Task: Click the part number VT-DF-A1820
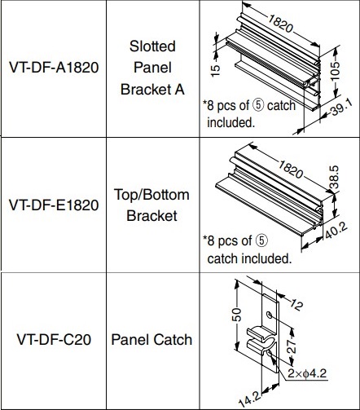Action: click(x=54, y=68)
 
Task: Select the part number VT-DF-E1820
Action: click(x=54, y=205)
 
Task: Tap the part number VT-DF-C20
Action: click(x=54, y=340)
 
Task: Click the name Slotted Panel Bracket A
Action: click(x=152, y=68)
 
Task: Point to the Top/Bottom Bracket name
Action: click(x=151, y=205)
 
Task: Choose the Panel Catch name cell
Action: click(x=151, y=340)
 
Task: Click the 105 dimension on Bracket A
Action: click(x=336, y=71)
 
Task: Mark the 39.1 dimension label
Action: click(x=341, y=108)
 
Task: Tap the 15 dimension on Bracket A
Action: click(x=215, y=71)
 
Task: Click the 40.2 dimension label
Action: click(x=336, y=231)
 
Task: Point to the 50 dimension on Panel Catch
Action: click(x=237, y=315)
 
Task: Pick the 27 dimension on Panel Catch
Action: click(x=292, y=346)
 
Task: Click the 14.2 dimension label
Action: click(x=250, y=399)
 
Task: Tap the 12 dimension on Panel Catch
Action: click(x=296, y=305)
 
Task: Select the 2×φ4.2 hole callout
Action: click(x=307, y=373)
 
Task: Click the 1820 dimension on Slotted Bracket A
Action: click(x=281, y=24)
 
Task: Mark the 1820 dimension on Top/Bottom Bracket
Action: click(x=290, y=170)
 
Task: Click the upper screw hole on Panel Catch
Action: click(x=270, y=315)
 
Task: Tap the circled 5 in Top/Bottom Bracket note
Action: click(x=262, y=240)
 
